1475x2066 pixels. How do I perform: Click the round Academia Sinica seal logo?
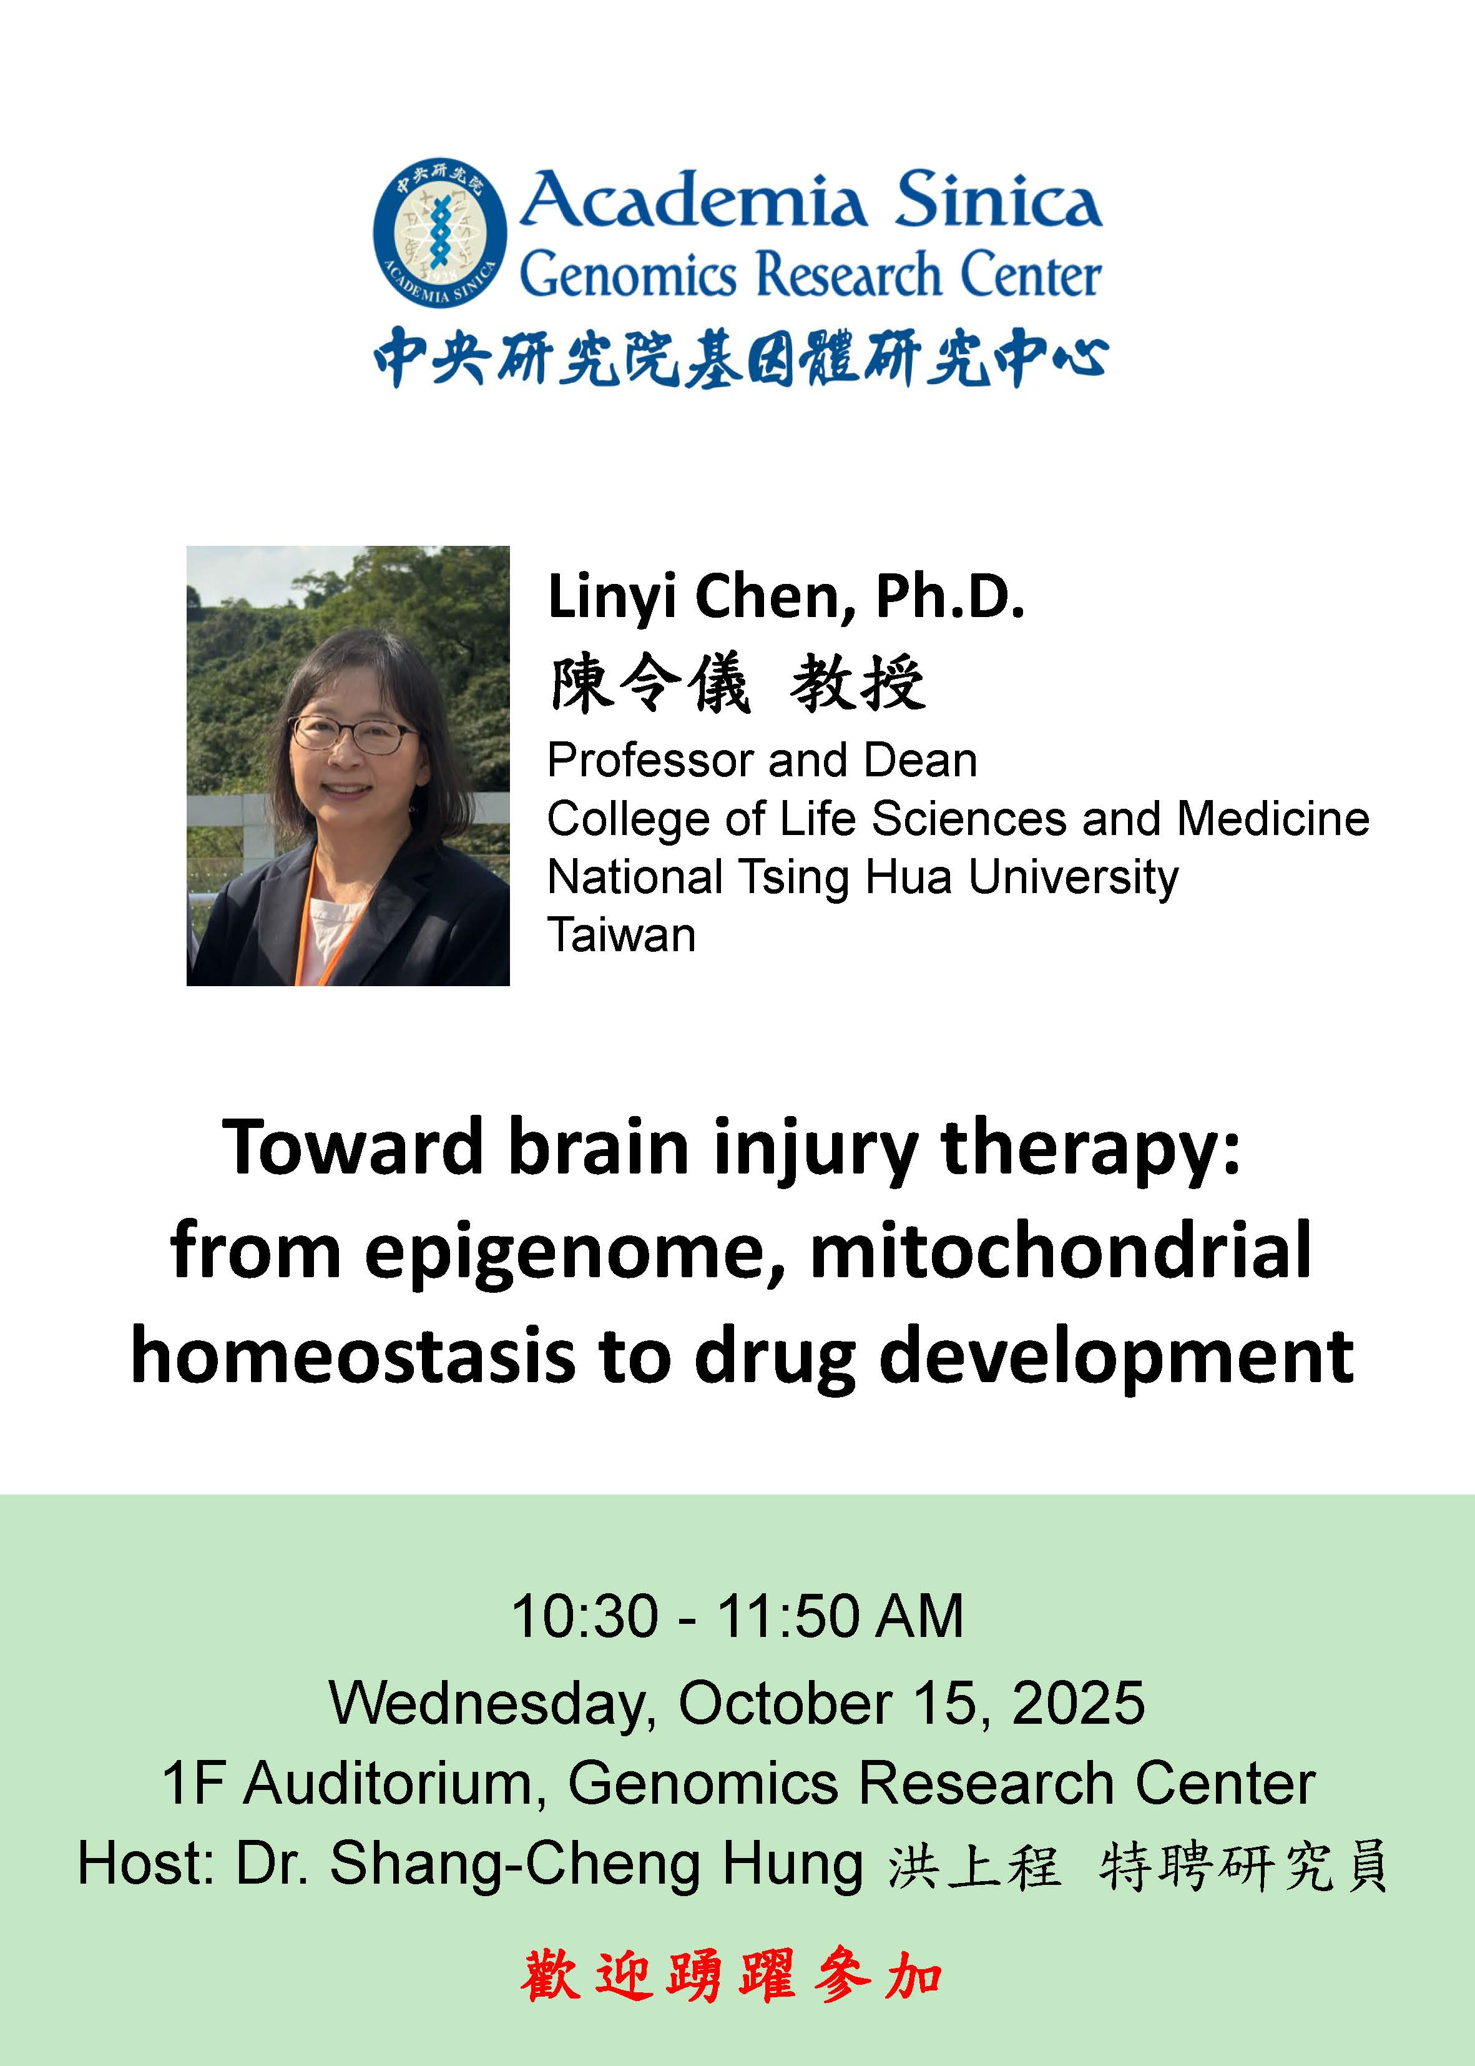pos(439,232)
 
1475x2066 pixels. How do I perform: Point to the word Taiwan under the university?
pos(621,935)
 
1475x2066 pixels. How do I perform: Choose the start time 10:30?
pos(585,1616)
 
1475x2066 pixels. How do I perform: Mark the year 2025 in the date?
pos(1078,1702)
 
